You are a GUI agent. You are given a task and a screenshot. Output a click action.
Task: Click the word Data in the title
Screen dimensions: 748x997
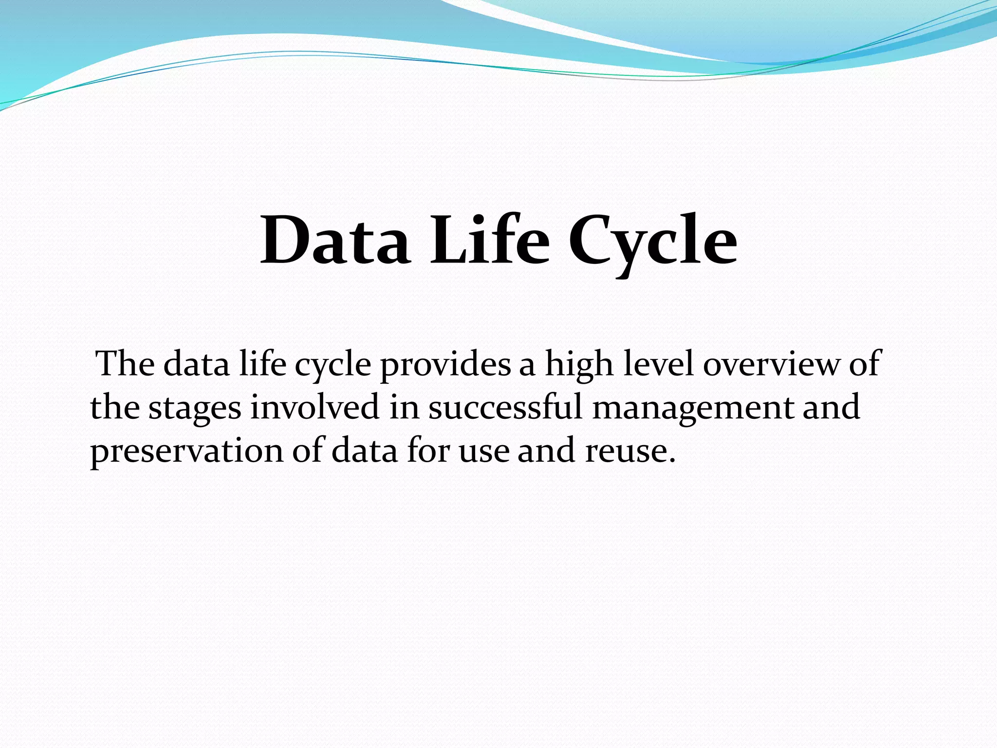(x=334, y=241)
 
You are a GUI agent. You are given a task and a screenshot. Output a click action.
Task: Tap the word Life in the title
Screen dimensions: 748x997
(x=489, y=241)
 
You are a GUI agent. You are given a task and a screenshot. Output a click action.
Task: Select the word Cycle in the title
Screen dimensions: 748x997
(x=652, y=243)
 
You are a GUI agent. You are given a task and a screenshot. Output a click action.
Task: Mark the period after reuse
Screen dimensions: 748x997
(x=672, y=460)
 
